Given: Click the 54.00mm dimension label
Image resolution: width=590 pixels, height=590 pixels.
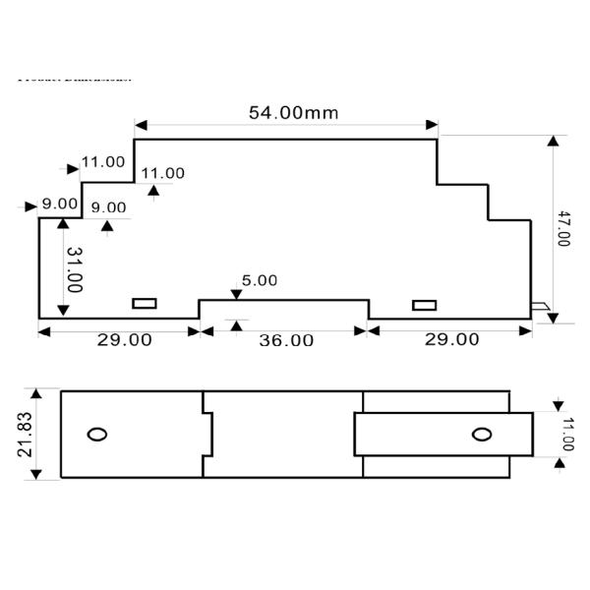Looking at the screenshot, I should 292,112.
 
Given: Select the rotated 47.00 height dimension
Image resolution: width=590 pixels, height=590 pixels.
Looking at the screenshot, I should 562,226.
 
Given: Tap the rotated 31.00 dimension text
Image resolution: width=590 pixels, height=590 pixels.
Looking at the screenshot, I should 74,267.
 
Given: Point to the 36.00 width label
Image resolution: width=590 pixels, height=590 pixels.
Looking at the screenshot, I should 285,340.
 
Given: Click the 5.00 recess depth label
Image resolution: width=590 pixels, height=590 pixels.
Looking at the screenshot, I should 260,280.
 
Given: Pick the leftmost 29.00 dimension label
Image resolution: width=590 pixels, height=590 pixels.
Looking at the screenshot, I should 123,339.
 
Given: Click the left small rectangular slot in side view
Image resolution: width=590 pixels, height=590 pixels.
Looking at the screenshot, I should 145,304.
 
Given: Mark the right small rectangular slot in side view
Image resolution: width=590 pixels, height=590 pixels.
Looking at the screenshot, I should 424,305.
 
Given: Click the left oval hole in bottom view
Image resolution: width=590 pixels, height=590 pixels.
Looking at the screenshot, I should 97,435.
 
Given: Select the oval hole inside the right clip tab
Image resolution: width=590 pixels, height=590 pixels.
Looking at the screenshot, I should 480,435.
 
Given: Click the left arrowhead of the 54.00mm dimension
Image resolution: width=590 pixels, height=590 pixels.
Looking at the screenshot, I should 141,126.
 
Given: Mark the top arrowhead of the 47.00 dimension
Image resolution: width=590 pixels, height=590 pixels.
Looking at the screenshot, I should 553,141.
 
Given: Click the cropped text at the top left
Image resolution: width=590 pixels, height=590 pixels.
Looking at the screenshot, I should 74,78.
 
